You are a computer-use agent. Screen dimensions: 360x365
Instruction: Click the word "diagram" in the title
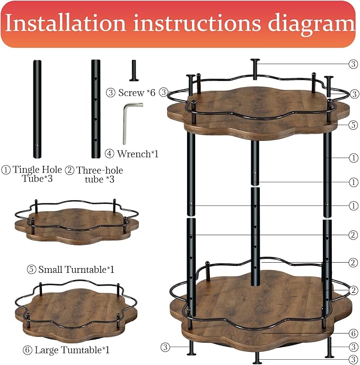(311, 24)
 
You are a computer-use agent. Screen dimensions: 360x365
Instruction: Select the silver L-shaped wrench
(133, 123)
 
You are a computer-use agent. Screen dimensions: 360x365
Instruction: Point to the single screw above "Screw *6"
(134, 70)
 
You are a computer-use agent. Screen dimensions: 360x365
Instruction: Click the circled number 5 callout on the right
(353, 125)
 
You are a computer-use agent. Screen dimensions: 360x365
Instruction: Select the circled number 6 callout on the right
(353, 333)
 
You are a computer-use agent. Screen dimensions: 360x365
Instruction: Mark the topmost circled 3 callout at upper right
(353, 64)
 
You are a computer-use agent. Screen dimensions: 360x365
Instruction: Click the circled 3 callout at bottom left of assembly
(165, 348)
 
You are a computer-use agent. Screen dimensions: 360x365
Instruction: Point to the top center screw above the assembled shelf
(255, 69)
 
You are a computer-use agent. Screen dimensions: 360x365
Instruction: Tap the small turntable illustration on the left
(77, 222)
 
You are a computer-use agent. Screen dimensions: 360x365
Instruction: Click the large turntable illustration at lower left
(76, 309)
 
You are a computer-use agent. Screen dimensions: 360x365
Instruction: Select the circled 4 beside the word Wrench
(109, 154)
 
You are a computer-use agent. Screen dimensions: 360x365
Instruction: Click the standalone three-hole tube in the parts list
(95, 109)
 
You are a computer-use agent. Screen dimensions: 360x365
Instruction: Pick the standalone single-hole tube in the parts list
(37, 109)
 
